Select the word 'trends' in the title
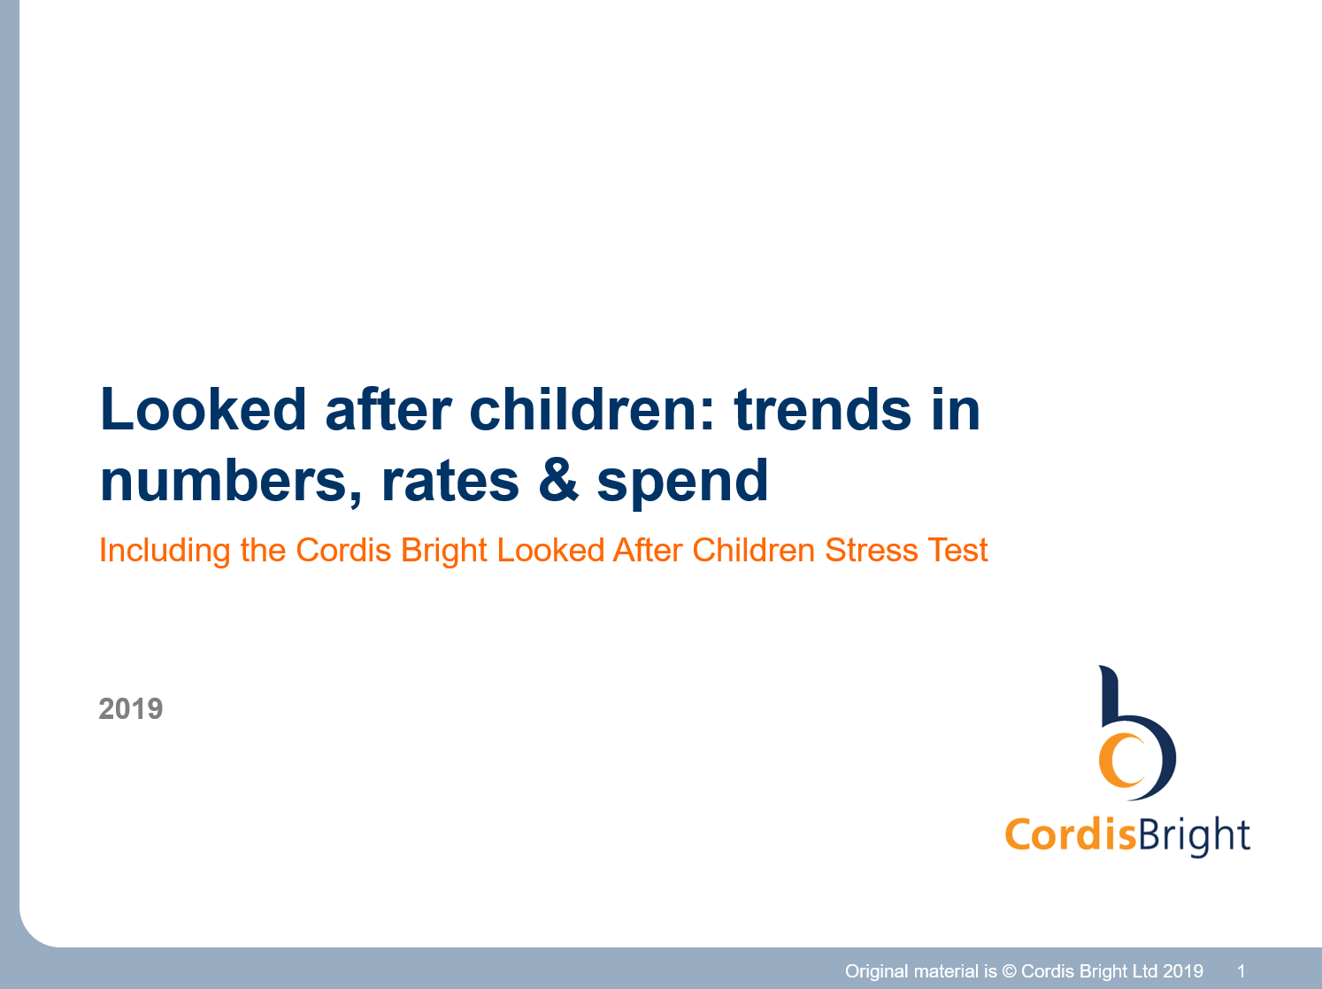(x=822, y=410)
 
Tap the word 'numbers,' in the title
(x=231, y=483)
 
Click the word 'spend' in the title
(x=682, y=483)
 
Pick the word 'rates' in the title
(x=450, y=483)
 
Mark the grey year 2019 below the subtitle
(x=131, y=708)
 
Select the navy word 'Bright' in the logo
(x=1194, y=836)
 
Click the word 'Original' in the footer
(x=877, y=971)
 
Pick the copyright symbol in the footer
(x=1009, y=971)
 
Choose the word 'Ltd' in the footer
(x=1142, y=971)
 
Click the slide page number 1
(x=1241, y=971)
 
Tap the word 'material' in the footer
(x=947, y=971)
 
